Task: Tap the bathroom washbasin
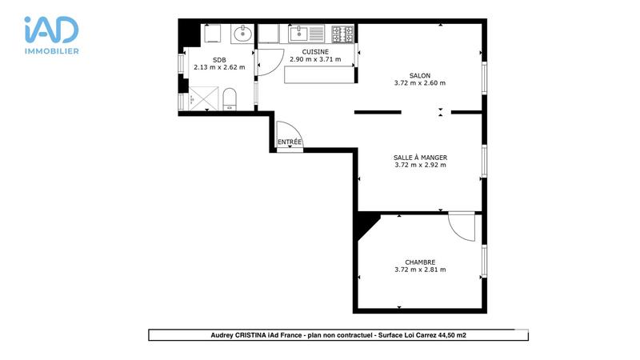(242, 34)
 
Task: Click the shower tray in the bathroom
(202, 100)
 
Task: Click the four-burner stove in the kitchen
(343, 34)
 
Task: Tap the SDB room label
(219, 60)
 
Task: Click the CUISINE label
(314, 52)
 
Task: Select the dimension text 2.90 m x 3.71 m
(314, 60)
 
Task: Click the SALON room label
(420, 75)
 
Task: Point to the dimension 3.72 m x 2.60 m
(420, 83)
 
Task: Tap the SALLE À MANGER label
(420, 158)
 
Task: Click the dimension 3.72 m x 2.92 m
(420, 166)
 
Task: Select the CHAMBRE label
(420, 262)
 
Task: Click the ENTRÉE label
(290, 142)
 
